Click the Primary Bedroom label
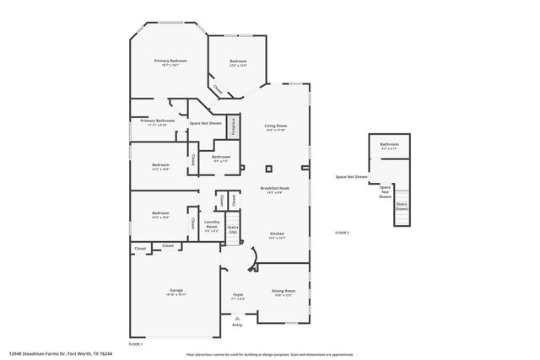170,62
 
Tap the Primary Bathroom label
152,121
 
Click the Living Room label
276,126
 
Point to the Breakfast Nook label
276,190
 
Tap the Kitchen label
277,234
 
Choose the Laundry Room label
211,224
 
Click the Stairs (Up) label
233,229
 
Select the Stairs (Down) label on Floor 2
402,206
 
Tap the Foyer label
238,296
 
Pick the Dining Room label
283,292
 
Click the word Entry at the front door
237,325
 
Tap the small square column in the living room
269,167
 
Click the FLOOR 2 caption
342,232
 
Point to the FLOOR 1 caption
135,344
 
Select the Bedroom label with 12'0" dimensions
238,62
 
